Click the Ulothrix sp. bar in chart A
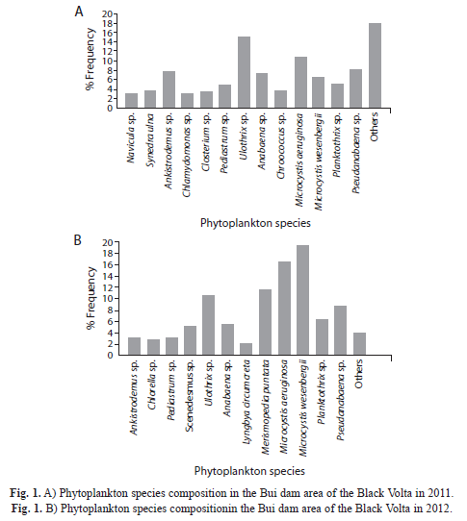click(x=244, y=72)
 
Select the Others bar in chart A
click(x=375, y=65)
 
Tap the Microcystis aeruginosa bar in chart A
click(x=301, y=82)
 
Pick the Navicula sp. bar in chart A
click(x=132, y=100)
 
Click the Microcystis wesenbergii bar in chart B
click(x=303, y=300)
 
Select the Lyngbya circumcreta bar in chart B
click(x=246, y=349)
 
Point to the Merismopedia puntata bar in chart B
click(x=266, y=322)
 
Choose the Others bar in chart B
click(x=359, y=343)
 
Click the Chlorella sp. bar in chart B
click(x=153, y=347)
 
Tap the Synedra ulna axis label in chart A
click(x=150, y=140)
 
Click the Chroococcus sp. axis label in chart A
click(x=281, y=145)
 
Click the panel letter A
click(x=79, y=12)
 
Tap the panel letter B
click(x=78, y=239)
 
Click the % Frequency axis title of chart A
click(x=91, y=60)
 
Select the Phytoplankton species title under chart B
click(x=249, y=471)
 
